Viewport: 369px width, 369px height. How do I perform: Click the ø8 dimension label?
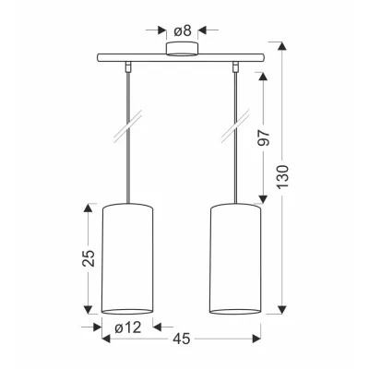click(183, 30)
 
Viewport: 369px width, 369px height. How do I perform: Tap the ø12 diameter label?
click(128, 327)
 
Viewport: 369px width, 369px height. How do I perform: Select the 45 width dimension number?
click(182, 339)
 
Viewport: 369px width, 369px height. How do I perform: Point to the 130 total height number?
click(282, 177)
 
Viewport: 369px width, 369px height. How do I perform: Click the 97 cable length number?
click(264, 137)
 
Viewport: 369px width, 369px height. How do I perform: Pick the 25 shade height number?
click(89, 257)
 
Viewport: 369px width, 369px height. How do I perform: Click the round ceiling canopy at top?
click(182, 49)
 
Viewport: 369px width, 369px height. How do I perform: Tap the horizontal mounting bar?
click(181, 57)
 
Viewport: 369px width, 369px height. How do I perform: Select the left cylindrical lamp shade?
click(127, 259)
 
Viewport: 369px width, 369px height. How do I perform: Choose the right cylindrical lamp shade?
click(235, 259)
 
